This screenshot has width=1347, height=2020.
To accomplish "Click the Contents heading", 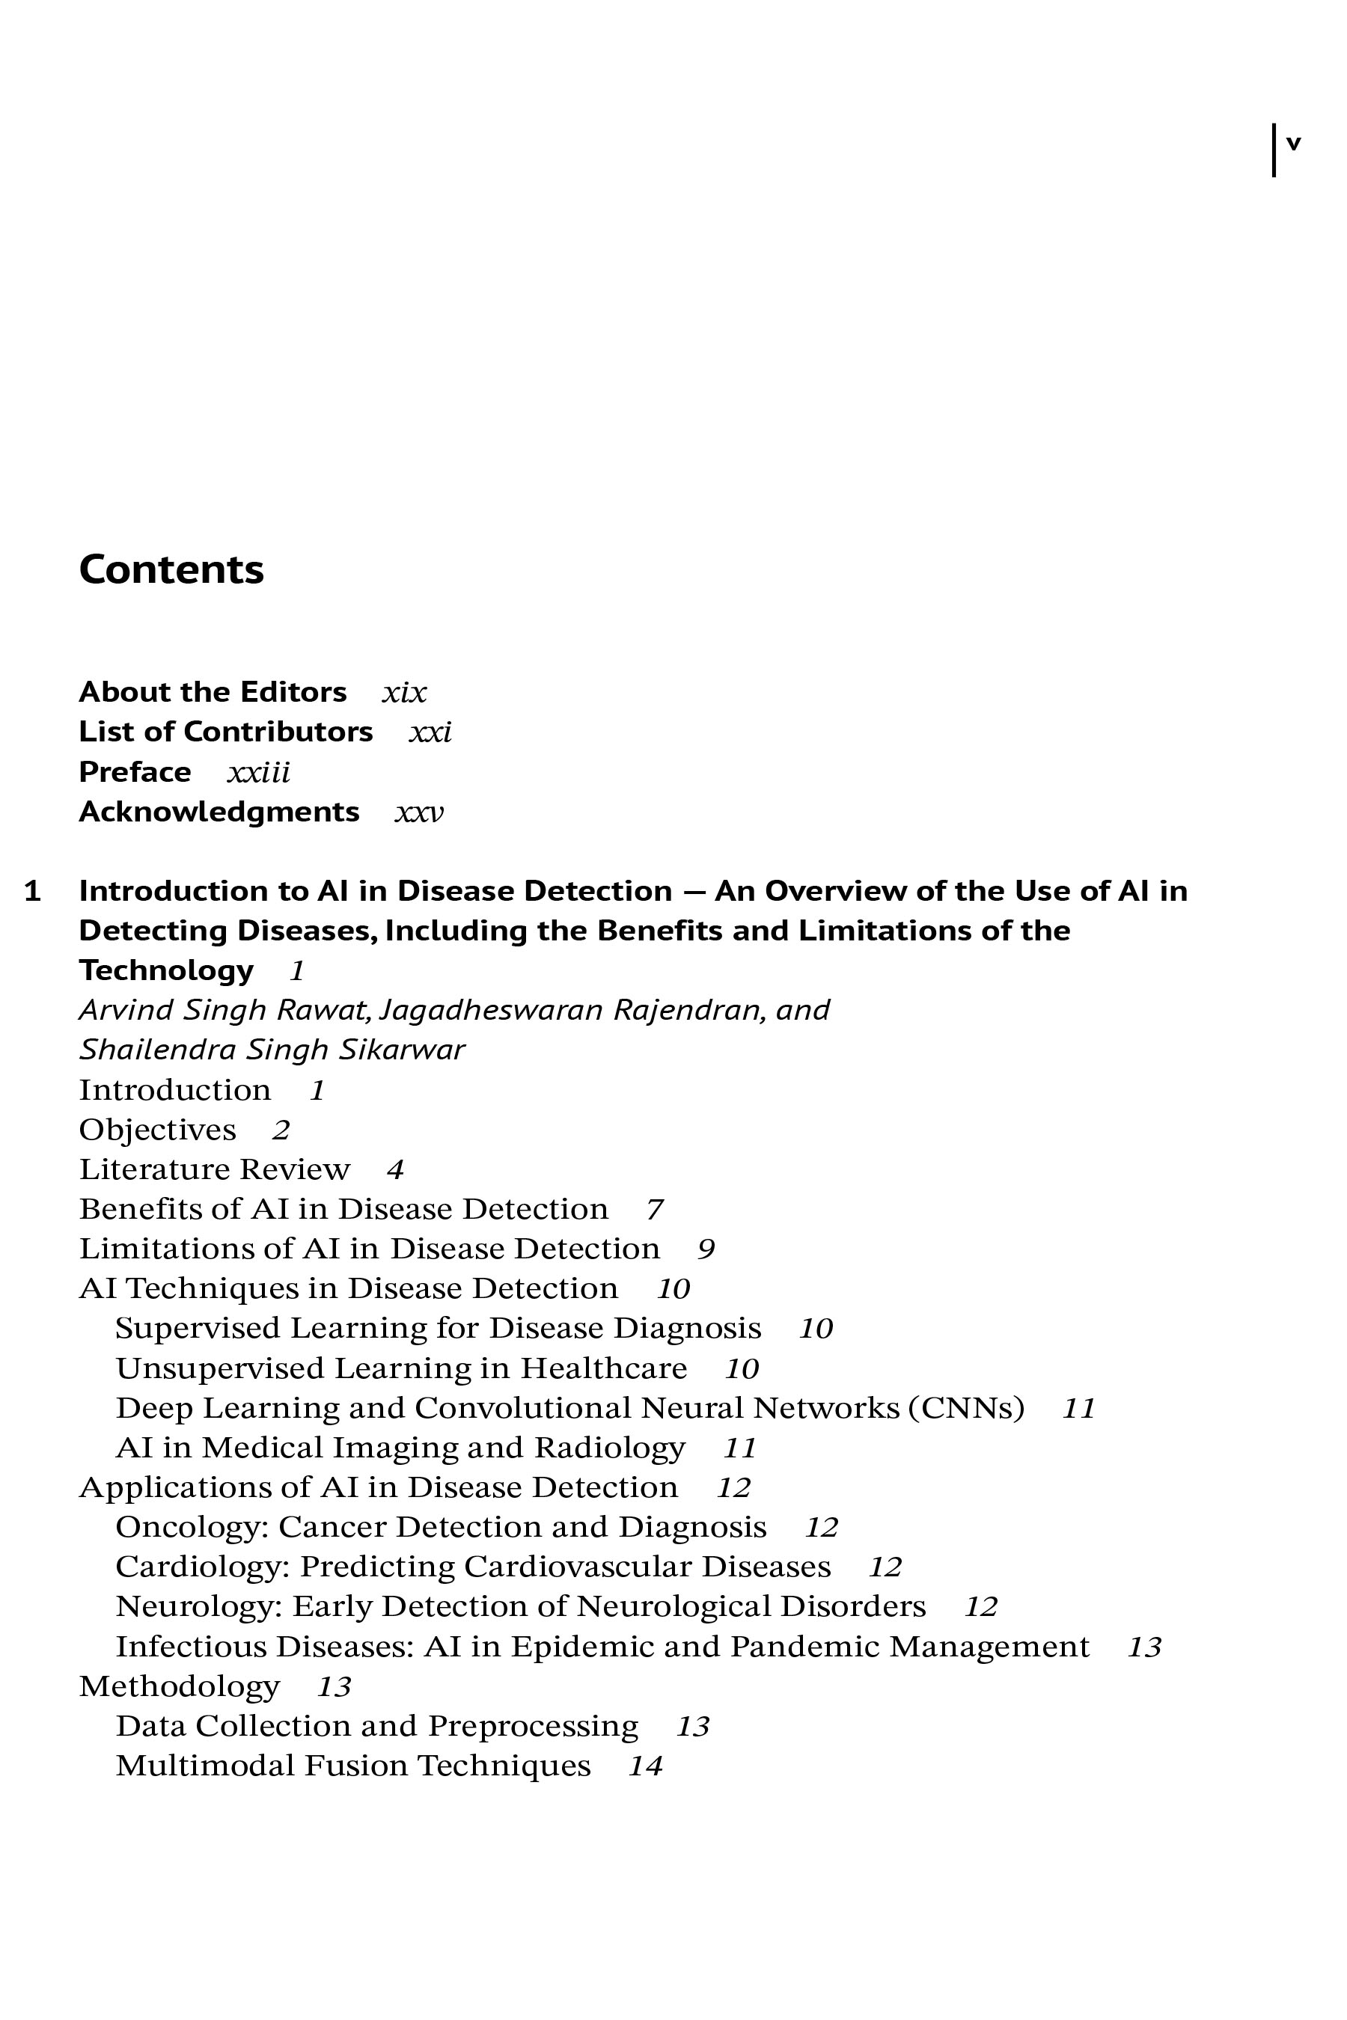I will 171,569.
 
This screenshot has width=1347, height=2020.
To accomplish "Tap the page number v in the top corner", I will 1293,144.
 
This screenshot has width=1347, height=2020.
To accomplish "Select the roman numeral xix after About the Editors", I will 404,693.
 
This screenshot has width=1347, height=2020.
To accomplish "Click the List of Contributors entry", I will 226,732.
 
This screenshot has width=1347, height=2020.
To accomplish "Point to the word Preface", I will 135,772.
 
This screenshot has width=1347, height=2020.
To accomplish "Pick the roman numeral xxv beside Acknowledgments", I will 419,812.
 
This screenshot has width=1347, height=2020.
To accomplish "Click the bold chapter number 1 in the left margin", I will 33,892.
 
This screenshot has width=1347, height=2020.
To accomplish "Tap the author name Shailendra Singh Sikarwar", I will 272,1050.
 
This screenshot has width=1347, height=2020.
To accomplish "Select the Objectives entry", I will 157,1130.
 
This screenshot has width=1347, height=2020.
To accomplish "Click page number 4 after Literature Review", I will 395,1170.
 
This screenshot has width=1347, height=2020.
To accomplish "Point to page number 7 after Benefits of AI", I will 655,1209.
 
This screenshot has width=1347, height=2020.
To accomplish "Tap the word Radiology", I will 609,1448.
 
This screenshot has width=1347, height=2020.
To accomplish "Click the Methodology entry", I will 180,1687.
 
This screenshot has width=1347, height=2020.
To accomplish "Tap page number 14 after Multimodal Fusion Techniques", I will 645,1766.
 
